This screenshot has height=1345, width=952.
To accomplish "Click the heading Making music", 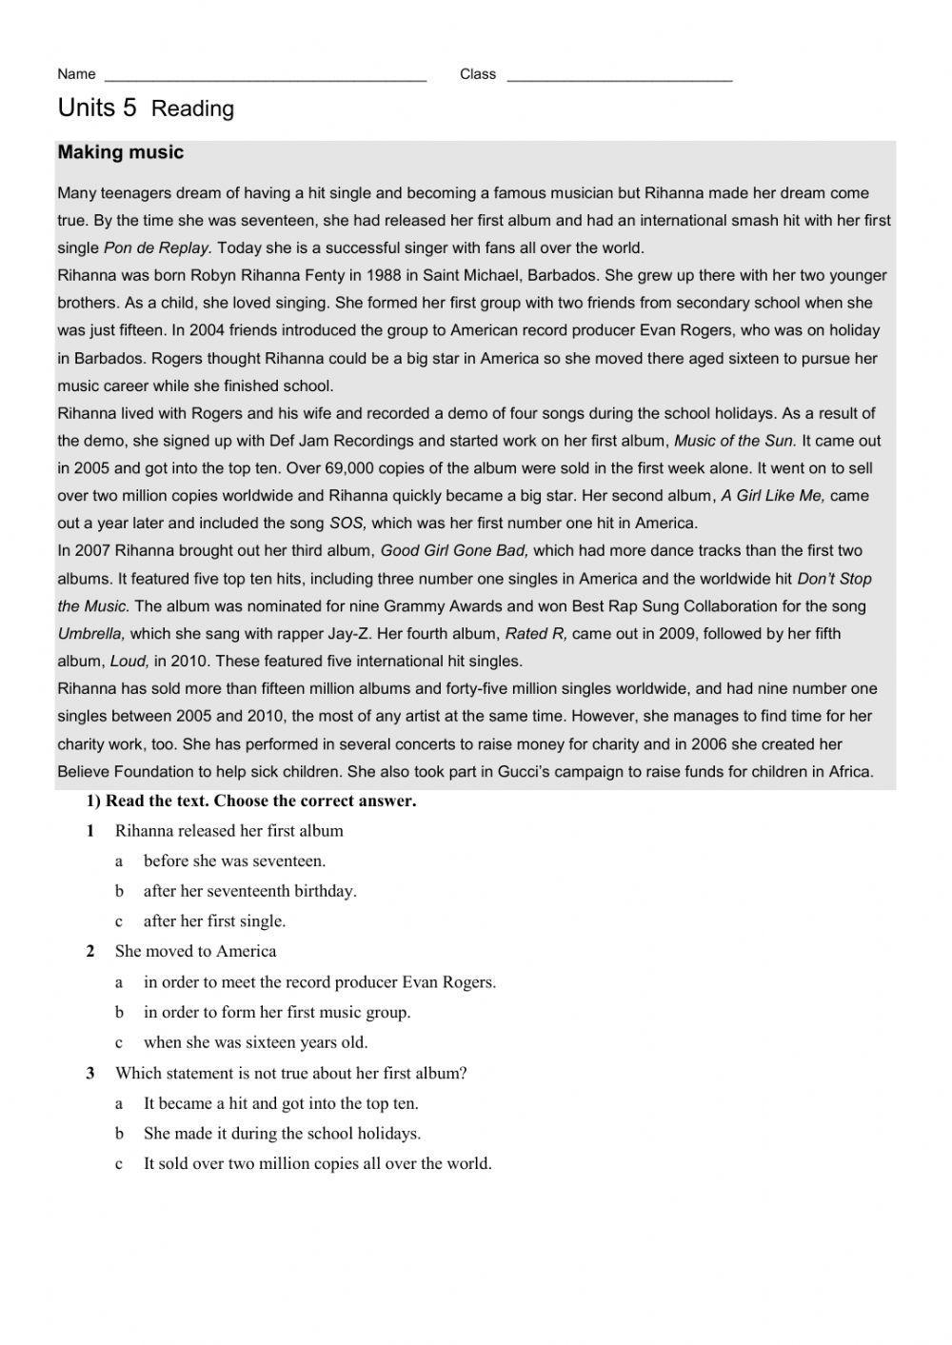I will tap(121, 152).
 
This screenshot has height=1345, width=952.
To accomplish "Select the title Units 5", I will tap(97, 108).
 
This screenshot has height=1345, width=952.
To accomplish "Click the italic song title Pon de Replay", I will tap(156, 247).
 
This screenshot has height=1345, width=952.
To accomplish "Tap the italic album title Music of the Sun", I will tap(734, 441).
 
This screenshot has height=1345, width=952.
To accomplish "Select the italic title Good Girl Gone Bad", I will tap(454, 550).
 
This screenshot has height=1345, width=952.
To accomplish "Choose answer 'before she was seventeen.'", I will tap(234, 860).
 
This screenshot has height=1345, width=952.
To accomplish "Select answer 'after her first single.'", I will tap(214, 920).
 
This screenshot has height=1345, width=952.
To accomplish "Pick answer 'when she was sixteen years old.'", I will tap(255, 1041).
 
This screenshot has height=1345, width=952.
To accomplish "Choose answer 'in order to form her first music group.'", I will tap(277, 1012).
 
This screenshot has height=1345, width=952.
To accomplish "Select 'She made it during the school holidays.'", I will tap(282, 1133).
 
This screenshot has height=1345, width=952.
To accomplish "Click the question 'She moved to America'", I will tap(195, 951).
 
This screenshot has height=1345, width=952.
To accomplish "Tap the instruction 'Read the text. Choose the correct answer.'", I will tap(260, 801).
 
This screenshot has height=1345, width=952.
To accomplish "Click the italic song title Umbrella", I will tap(91, 633).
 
